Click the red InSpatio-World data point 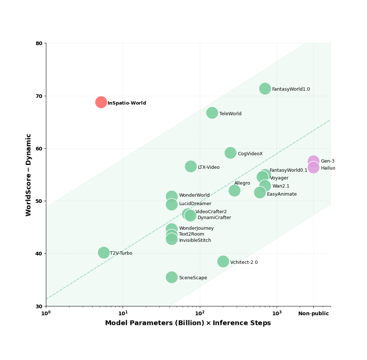101,102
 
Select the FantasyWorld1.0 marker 265,88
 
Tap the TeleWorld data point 212,113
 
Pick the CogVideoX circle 230,153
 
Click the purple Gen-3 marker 313,161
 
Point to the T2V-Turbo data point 104,252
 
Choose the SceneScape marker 172,277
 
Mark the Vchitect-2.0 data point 223,261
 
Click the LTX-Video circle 191,166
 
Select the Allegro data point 234,190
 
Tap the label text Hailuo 328,168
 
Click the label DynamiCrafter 214,218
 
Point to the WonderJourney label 196,228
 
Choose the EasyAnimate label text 282,194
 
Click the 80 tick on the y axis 39,43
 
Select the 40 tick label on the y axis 39,254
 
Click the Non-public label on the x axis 313,314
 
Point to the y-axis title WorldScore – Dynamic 29,175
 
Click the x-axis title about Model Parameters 188,323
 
